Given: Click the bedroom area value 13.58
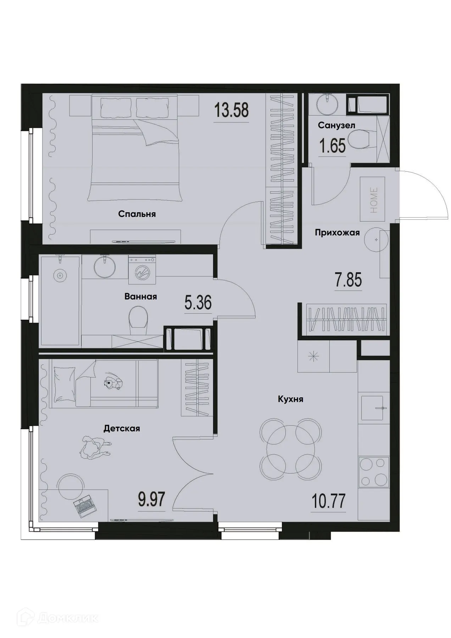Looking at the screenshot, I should (x=231, y=111).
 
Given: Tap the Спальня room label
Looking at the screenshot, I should (x=137, y=214).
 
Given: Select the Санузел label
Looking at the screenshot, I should (x=336, y=125).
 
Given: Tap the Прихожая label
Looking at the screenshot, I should (x=337, y=233).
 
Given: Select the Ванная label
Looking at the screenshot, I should (x=140, y=297).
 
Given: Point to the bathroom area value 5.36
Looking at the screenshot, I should (x=198, y=303).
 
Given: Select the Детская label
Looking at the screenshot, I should (x=122, y=429).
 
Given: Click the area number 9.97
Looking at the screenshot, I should (x=152, y=501).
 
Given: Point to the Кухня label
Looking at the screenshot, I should (x=290, y=399).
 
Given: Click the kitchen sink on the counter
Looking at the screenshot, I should (x=373, y=408).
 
